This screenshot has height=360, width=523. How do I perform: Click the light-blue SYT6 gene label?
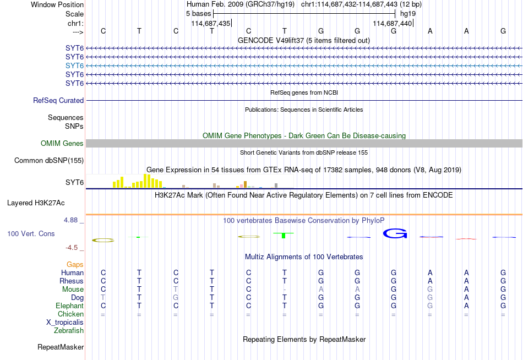point(74,66)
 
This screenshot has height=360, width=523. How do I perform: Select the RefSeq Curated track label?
point(58,100)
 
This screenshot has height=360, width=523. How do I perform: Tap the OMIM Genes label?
point(62,144)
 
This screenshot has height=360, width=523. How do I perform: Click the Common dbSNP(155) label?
point(49,161)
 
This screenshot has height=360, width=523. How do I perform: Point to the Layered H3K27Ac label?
point(36,203)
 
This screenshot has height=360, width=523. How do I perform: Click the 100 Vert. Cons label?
point(31,233)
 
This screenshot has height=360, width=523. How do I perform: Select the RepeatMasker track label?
point(61,347)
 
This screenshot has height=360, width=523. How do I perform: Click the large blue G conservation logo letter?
point(395,233)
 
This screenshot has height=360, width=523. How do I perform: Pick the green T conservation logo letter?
point(284,235)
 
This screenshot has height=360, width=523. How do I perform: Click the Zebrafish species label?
point(69,331)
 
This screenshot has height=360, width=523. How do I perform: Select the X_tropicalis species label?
point(65,323)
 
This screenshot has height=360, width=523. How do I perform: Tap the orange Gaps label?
point(75,265)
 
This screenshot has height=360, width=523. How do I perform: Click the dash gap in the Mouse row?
point(285,290)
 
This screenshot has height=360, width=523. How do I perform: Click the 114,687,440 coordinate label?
point(392,23)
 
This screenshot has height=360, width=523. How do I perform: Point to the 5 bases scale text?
point(198,14)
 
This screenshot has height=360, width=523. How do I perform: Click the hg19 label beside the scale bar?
point(408,14)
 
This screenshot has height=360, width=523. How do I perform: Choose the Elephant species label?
point(70,306)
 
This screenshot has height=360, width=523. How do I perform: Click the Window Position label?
point(57,4)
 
